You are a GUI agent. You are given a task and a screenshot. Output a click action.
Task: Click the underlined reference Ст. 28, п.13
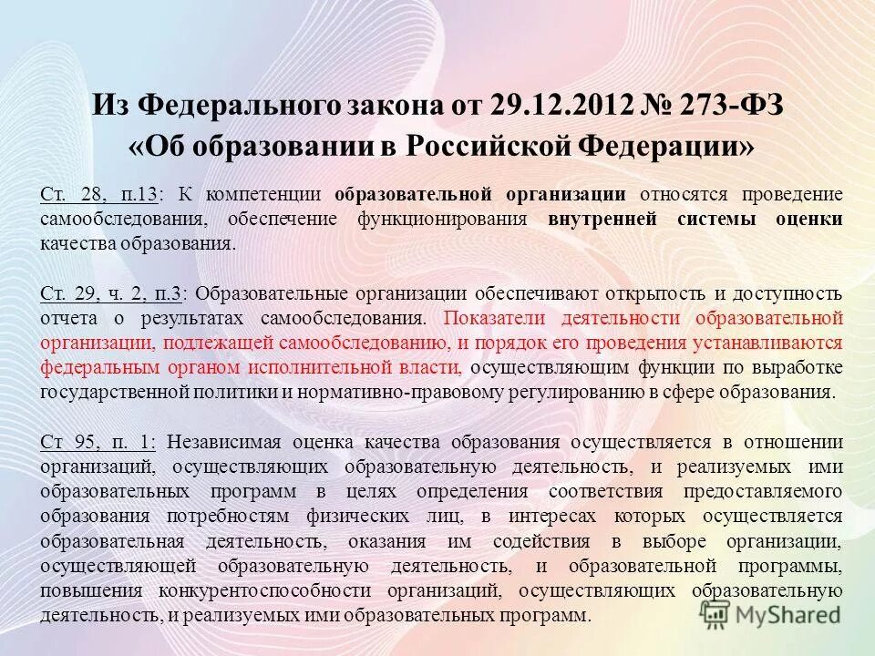click(99, 194)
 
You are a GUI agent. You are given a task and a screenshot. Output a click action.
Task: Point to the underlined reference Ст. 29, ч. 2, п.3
click(112, 293)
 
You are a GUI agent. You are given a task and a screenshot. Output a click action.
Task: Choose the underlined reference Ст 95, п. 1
click(98, 442)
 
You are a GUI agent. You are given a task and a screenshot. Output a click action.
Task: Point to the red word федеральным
click(99, 368)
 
